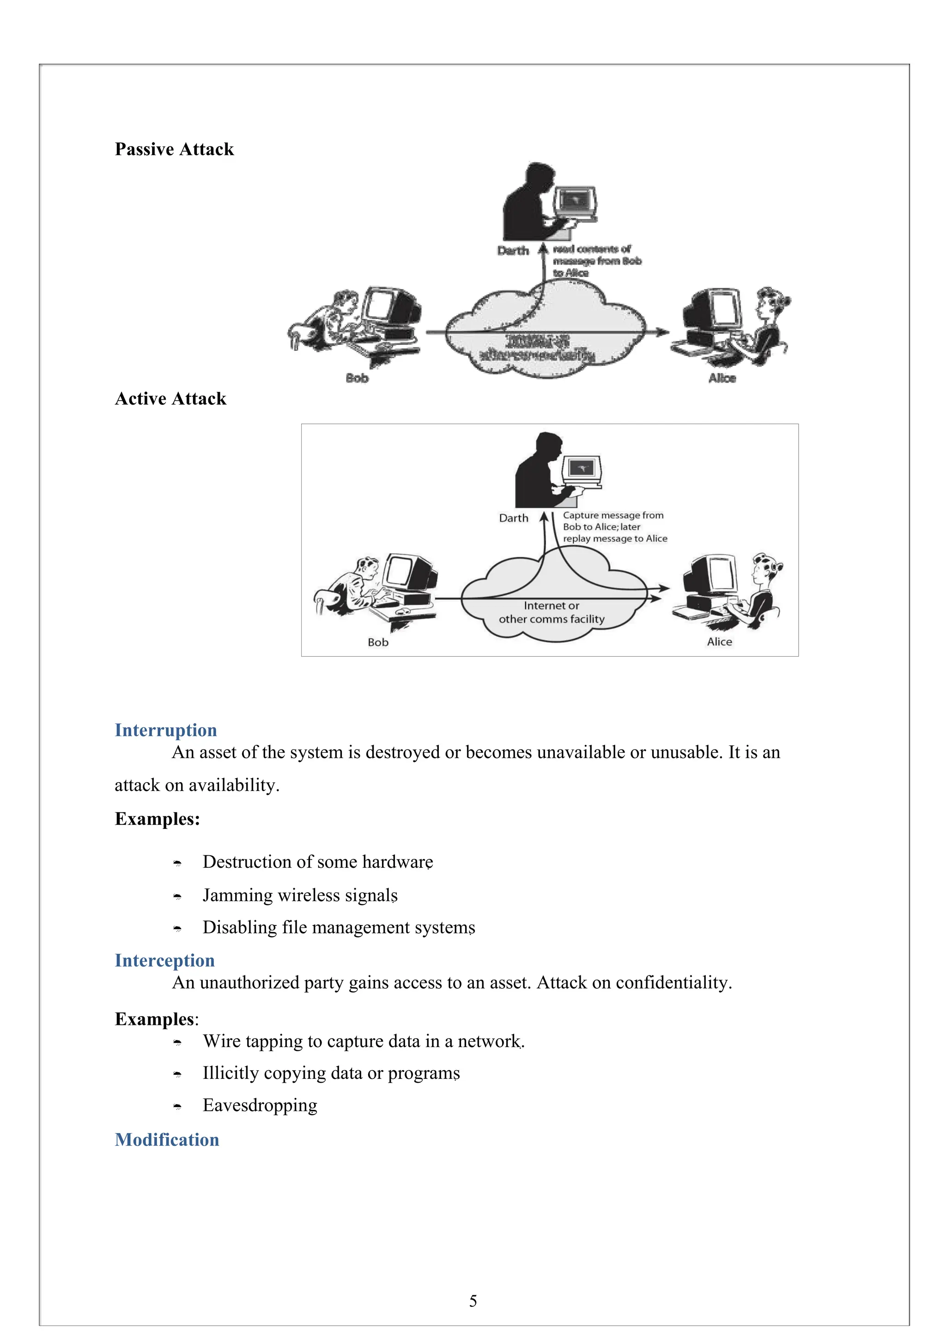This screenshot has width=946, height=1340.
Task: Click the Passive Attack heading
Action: tap(174, 149)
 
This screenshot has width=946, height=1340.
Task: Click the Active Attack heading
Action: tap(170, 399)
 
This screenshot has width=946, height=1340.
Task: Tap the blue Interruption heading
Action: tap(166, 730)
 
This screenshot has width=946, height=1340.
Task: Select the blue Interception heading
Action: tap(164, 961)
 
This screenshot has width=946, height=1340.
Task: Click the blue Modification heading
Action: tap(167, 1140)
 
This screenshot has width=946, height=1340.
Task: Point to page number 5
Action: tap(473, 1301)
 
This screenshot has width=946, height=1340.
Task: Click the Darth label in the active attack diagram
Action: tap(514, 518)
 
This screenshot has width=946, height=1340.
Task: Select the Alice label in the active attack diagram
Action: tap(720, 642)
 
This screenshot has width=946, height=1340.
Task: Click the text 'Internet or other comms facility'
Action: tap(552, 612)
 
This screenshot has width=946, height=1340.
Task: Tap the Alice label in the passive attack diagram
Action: tap(722, 378)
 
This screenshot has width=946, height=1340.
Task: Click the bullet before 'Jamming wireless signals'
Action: tap(177, 896)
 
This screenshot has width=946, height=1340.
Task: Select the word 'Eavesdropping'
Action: tap(260, 1105)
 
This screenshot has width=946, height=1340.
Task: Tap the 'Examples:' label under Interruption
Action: tap(158, 819)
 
